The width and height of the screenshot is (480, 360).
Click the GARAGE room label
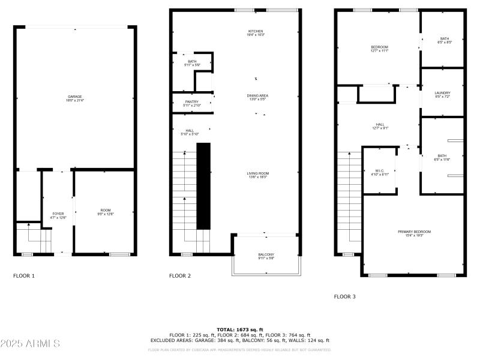(x=74, y=97)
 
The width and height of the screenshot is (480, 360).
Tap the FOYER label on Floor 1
(x=58, y=214)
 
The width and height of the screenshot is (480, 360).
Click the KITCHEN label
(x=256, y=31)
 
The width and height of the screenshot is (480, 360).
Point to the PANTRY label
(x=191, y=102)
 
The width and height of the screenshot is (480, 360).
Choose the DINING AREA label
(x=257, y=96)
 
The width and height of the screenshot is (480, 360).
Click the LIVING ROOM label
(x=257, y=173)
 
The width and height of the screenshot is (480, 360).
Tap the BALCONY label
(x=266, y=254)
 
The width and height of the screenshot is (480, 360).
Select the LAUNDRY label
(x=442, y=93)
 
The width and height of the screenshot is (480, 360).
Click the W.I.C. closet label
(x=379, y=171)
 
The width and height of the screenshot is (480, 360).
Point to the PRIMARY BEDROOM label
(x=414, y=232)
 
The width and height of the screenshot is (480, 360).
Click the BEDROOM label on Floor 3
(x=379, y=47)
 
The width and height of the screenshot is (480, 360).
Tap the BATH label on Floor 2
(x=191, y=61)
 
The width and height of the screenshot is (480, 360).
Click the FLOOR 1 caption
(x=24, y=276)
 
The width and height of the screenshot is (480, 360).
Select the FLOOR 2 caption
(x=180, y=276)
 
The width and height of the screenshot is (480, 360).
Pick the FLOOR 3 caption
(x=345, y=296)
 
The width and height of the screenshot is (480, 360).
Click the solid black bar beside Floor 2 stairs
(x=204, y=186)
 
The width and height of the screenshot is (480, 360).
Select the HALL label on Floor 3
(x=380, y=125)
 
